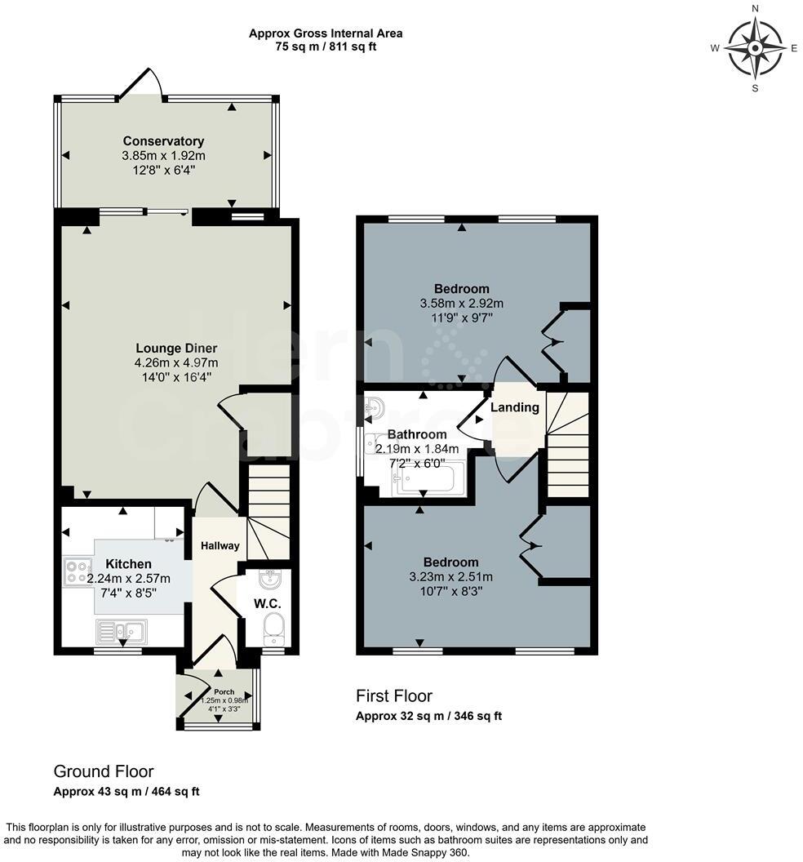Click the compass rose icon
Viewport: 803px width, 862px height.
tap(755, 48)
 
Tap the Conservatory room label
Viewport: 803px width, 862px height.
tap(163, 141)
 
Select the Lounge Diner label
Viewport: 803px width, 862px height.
tap(175, 349)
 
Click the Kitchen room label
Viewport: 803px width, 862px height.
tap(128, 564)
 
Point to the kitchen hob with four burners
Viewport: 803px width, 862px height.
tap(78, 571)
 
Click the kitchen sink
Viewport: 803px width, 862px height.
tap(121, 631)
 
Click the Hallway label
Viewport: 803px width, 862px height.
tap(220, 545)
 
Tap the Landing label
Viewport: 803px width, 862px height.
tap(515, 407)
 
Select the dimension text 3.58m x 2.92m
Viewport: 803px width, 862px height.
tap(461, 303)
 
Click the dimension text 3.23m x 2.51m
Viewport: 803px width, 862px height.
tap(450, 577)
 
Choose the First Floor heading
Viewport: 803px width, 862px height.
tap(393, 696)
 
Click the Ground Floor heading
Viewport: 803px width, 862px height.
tap(103, 771)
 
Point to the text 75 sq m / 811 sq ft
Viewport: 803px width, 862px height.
tap(325, 47)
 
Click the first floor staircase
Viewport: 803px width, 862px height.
tap(568, 445)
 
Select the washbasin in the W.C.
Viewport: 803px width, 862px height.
tap(270, 580)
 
